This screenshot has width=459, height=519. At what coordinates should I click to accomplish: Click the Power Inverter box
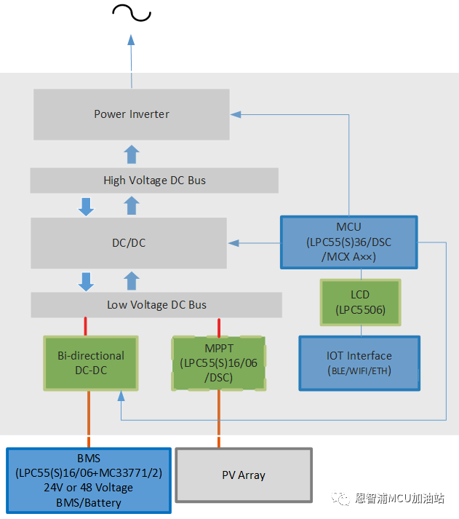pos(131,114)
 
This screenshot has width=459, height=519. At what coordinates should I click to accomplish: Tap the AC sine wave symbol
pos(131,12)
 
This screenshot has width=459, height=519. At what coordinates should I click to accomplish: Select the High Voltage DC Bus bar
pos(154,181)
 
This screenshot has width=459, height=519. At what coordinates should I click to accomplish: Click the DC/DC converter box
pos(128,242)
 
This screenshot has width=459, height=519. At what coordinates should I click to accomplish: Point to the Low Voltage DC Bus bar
pos(156,305)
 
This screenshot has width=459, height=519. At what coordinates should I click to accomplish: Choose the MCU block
pos(348,242)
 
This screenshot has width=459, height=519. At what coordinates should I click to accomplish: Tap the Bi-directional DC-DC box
pos(91,362)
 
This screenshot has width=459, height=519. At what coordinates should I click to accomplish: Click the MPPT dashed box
pos(218,362)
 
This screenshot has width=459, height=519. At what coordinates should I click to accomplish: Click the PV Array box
pos(243,475)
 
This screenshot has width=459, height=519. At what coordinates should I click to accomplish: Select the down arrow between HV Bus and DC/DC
pos(87,206)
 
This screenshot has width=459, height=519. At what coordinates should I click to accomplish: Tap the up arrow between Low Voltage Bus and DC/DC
pos(132,280)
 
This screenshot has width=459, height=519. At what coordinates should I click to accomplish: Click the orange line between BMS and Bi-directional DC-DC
pos(89,419)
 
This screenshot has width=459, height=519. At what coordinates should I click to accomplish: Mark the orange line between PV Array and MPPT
pos(218,419)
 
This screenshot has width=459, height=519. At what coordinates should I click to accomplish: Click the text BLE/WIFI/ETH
pos(359,371)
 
